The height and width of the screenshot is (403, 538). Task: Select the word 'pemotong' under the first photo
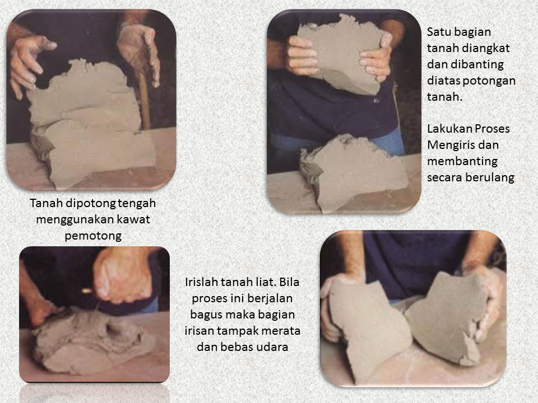(92, 235)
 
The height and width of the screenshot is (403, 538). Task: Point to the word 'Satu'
(439, 32)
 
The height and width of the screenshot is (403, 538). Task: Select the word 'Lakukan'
(447, 129)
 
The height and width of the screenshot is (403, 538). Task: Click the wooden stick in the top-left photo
(144, 101)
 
